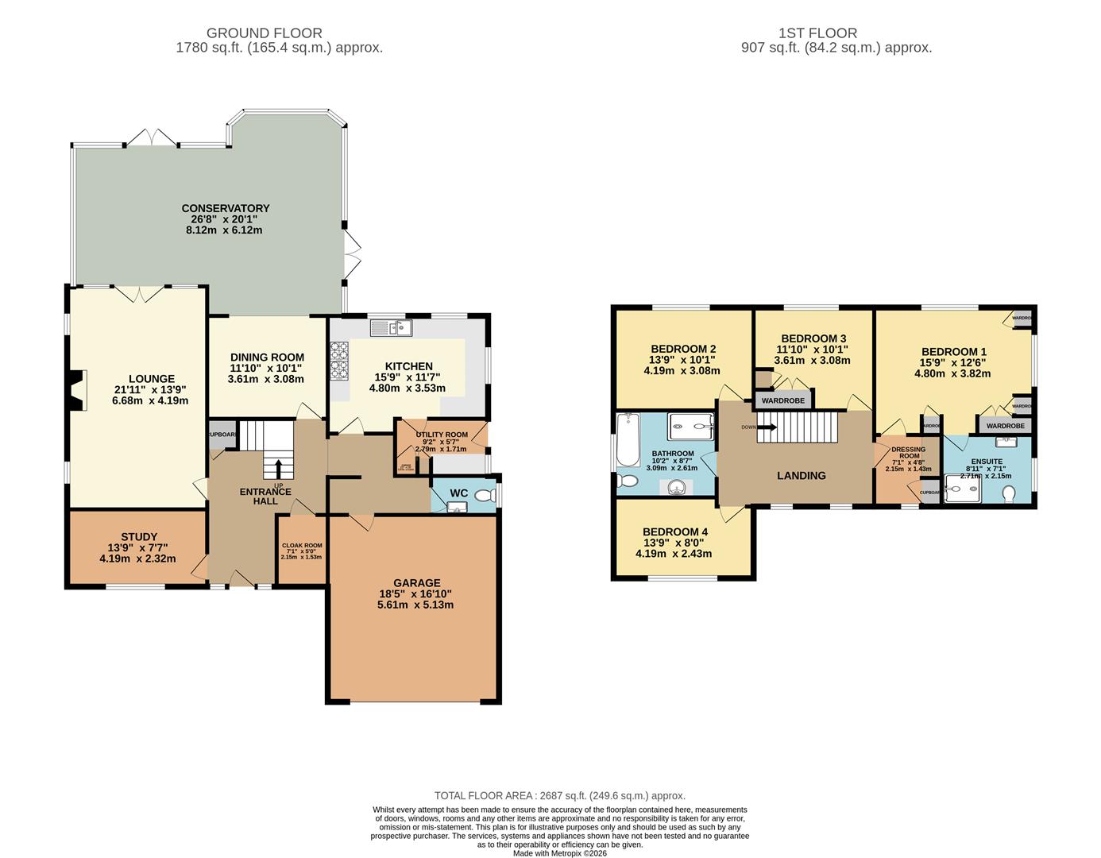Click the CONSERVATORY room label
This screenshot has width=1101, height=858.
click(224, 208)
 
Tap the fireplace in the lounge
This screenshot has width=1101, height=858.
click(75, 391)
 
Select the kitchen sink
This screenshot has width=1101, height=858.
click(392, 327)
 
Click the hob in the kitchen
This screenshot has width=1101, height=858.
click(339, 361)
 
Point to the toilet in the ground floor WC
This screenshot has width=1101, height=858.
click(483, 496)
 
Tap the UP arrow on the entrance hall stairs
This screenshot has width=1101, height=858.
click(278, 467)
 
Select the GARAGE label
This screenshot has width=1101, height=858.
click(415, 582)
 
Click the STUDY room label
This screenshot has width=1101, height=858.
click(138, 537)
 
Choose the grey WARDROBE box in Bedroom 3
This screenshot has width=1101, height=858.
click(783, 400)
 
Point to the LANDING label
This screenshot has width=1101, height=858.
click(801, 475)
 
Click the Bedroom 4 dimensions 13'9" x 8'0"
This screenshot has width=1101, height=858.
click(674, 543)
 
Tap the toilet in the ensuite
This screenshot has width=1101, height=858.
click(1010, 494)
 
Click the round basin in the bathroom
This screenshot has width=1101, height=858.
click(676, 487)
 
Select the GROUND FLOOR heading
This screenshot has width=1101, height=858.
click(264, 33)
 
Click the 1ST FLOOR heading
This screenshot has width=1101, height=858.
click(817, 33)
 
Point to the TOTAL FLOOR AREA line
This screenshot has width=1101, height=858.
click(559, 795)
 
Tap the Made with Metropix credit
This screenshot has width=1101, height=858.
click(559, 853)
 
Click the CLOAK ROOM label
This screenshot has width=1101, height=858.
click(302, 545)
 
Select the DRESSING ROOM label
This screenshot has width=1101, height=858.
click(908, 452)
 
